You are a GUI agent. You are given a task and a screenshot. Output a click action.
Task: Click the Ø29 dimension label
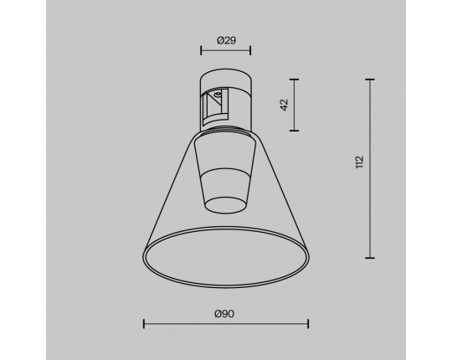click(226, 40)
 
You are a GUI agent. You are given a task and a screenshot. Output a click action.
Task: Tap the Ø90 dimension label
click(224, 314)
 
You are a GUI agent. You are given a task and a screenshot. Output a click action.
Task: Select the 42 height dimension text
click(285, 105)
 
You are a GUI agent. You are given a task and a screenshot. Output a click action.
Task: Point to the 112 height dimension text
click(360, 162)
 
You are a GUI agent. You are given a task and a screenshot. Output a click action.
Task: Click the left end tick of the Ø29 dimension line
click(201, 50)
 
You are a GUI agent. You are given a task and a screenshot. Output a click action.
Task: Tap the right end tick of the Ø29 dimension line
click(250, 50)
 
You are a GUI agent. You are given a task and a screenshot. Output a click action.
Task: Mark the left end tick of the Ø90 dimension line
click(144, 324)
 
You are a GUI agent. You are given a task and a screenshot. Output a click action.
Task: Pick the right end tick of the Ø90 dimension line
click(308, 324)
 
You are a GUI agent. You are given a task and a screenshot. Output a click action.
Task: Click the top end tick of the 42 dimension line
click(294, 80)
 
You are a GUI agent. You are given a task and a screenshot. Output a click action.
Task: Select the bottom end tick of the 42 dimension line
click(294, 131)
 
